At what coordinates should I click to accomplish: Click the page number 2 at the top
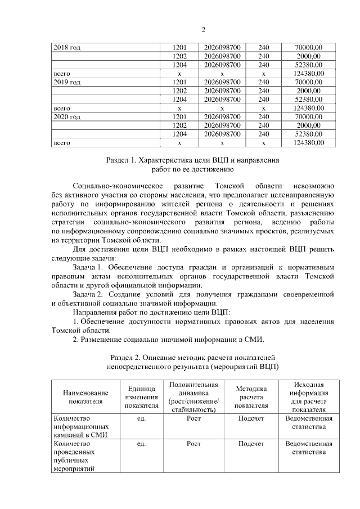[x=204, y=29]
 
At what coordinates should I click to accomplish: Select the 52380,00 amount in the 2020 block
[x=308, y=134]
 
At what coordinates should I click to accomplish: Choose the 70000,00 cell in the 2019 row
[x=308, y=82]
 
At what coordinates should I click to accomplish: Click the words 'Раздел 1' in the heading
[x=121, y=160]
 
